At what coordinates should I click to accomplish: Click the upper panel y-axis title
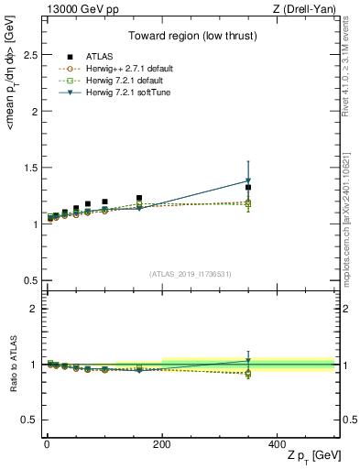point(12,152)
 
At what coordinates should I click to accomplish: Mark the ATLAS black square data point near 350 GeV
point(248,187)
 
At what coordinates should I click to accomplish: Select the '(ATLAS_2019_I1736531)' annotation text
point(191,273)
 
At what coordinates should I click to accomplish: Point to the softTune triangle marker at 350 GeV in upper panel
point(248,180)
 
